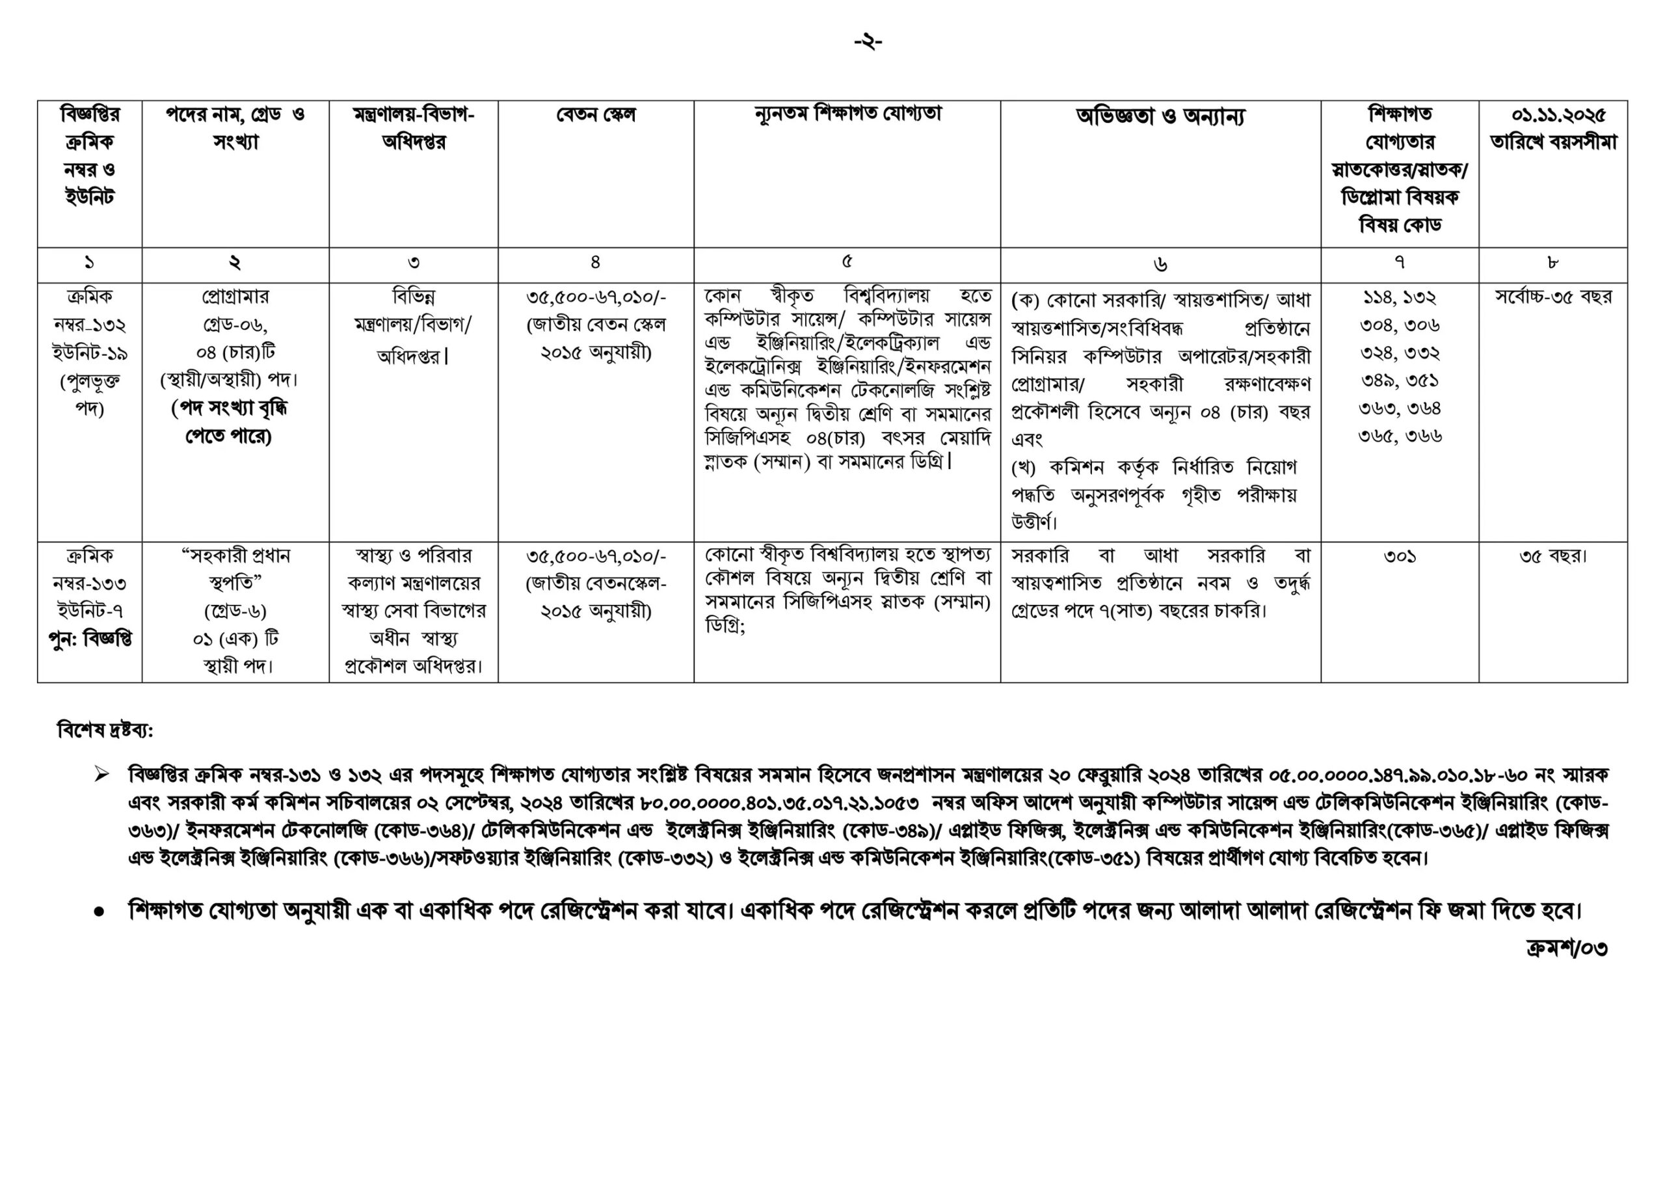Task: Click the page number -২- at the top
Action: (x=868, y=42)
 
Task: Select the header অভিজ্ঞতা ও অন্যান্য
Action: (x=1160, y=116)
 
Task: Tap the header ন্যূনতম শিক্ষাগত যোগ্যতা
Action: (x=847, y=114)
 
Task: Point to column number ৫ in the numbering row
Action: (x=847, y=263)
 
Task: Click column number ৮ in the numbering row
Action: (x=1552, y=263)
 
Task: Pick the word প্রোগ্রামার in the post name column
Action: (x=235, y=296)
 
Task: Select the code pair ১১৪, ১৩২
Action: (x=1400, y=297)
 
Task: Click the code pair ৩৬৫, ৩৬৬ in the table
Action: (x=1400, y=435)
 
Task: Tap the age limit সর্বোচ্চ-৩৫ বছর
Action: (x=1553, y=296)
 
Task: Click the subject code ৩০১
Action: (x=1400, y=556)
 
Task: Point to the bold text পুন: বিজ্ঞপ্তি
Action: (x=90, y=639)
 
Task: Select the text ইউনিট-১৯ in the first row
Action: (x=90, y=353)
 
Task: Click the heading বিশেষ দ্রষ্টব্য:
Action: (x=105, y=730)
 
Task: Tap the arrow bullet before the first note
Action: (x=101, y=775)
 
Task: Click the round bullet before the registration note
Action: (x=99, y=912)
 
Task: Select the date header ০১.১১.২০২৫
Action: (x=1553, y=114)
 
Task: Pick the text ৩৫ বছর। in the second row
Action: (x=1553, y=556)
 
